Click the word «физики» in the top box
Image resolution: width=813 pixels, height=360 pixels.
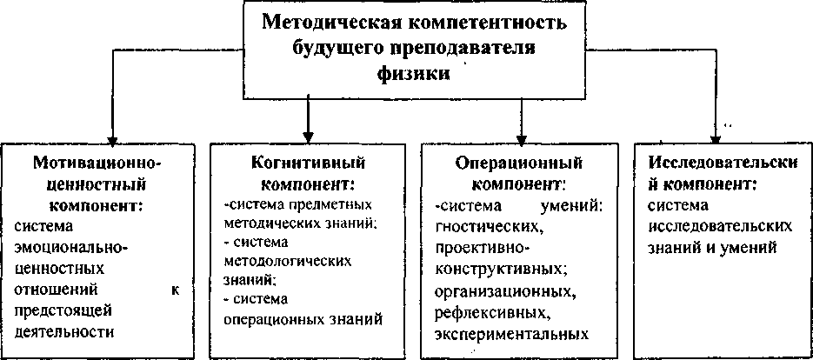tap(414, 75)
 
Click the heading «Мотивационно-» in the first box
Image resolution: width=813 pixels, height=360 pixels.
tap(97, 163)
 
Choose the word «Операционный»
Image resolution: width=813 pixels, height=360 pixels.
tap(518, 163)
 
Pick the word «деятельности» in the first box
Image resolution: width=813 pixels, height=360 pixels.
tap(65, 332)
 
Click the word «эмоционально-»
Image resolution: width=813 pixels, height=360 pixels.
tap(71, 247)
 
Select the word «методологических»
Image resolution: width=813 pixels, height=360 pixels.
tap(279, 260)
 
